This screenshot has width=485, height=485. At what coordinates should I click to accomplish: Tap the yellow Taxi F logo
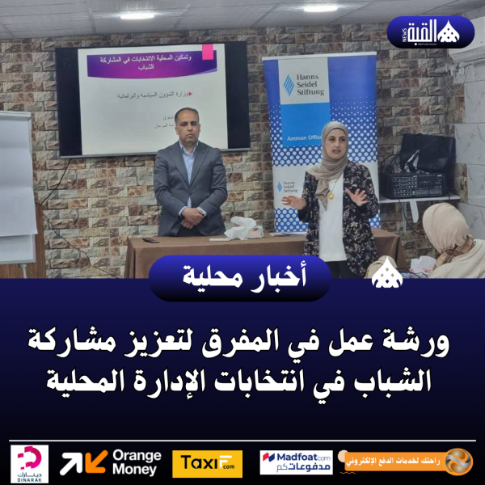(x=207, y=463)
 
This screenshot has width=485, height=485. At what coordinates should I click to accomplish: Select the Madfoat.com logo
(x=296, y=462)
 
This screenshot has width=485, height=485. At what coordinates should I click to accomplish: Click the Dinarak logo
(x=30, y=463)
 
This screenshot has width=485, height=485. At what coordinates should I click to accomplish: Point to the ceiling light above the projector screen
(x=137, y=15)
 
